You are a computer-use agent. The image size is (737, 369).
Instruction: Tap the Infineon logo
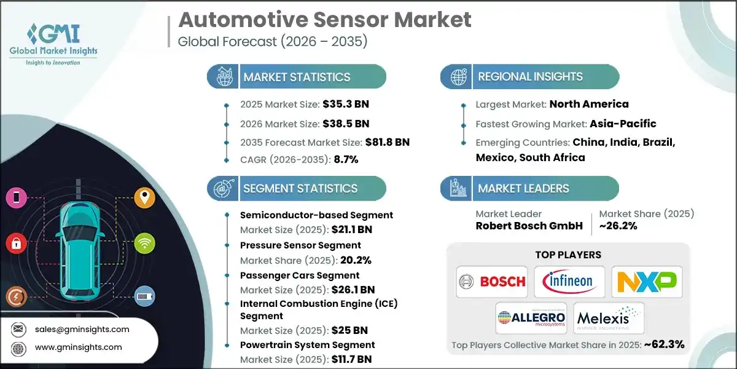(x=569, y=282)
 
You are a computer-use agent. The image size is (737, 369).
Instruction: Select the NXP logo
(x=646, y=282)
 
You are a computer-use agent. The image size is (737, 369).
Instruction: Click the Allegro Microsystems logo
(x=531, y=318)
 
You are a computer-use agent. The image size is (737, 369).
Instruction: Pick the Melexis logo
(x=609, y=318)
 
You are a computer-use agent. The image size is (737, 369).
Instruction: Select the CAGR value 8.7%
(x=346, y=159)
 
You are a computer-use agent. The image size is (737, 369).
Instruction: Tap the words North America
(x=588, y=104)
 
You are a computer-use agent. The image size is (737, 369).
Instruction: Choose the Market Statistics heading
(x=297, y=77)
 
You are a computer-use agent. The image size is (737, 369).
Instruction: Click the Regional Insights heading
(x=531, y=77)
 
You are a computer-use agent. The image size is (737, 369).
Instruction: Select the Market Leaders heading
(x=523, y=188)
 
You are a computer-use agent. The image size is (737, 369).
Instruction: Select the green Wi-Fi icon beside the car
(x=144, y=242)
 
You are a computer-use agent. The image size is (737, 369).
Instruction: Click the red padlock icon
(x=15, y=244)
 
